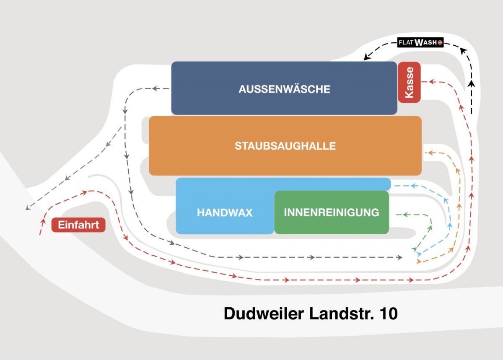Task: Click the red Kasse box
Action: [409, 82]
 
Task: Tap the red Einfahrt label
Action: [78, 225]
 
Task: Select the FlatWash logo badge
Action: [420, 42]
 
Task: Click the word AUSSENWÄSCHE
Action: [284, 89]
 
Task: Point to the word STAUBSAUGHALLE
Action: [285, 146]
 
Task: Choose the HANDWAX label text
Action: [225, 212]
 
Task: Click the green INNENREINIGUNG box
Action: [332, 212]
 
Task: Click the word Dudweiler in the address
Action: [264, 313]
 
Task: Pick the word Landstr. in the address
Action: [342, 313]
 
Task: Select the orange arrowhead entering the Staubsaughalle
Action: [430, 153]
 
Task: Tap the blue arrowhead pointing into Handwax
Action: [414, 186]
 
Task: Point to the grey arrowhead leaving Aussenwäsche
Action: [156, 88]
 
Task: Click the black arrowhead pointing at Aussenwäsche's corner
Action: [366, 57]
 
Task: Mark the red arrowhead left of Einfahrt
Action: [43, 221]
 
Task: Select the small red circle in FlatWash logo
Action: [440, 42]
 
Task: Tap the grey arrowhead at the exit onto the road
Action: [28, 208]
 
